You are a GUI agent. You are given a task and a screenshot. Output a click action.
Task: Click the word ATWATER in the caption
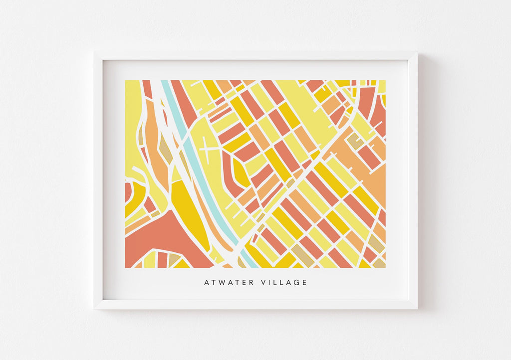point(229,283)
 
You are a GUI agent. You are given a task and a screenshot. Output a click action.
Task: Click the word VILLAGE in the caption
point(284,283)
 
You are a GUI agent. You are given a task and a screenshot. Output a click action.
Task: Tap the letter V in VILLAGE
point(263,283)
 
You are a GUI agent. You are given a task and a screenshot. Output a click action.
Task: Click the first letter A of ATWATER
point(207,283)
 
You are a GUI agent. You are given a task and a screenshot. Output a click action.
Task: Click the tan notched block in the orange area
point(355,141)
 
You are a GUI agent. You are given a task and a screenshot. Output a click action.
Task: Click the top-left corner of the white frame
point(95,52)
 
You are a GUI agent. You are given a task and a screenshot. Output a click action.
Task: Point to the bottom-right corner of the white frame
point(417,308)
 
